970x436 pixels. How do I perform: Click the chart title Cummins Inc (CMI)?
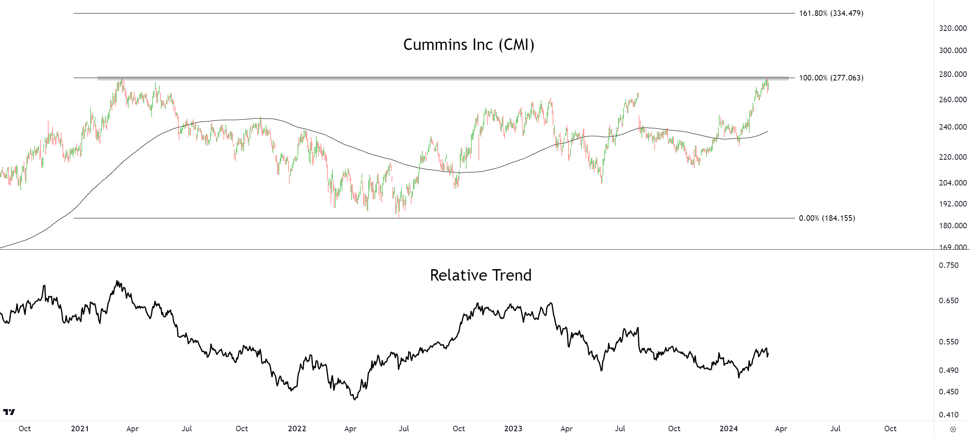[x=469, y=45]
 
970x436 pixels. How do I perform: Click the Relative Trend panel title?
[x=481, y=275]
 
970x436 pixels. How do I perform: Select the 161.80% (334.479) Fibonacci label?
[x=831, y=13]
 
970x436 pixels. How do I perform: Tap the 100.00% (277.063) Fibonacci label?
[x=831, y=78]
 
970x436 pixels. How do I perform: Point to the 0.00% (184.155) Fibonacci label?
[x=827, y=218]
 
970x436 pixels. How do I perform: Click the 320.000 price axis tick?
[x=953, y=28]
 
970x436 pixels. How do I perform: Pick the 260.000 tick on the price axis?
[x=953, y=99]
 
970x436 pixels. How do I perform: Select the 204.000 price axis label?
[x=953, y=183]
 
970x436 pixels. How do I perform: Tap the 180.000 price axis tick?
[x=953, y=226]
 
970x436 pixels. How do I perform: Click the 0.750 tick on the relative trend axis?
[x=949, y=265]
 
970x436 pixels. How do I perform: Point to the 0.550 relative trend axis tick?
[x=949, y=342]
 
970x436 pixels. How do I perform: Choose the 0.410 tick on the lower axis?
[x=949, y=415]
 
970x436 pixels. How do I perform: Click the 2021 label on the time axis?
[x=80, y=428]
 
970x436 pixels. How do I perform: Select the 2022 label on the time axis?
[x=297, y=428]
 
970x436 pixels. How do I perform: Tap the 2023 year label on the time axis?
[x=513, y=428]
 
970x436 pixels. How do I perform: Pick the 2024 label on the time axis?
[x=728, y=428]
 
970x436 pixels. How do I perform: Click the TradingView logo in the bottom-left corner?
[x=9, y=412]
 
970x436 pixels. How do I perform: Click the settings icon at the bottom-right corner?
[x=953, y=429]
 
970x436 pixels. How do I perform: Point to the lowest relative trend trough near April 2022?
[x=355, y=399]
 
